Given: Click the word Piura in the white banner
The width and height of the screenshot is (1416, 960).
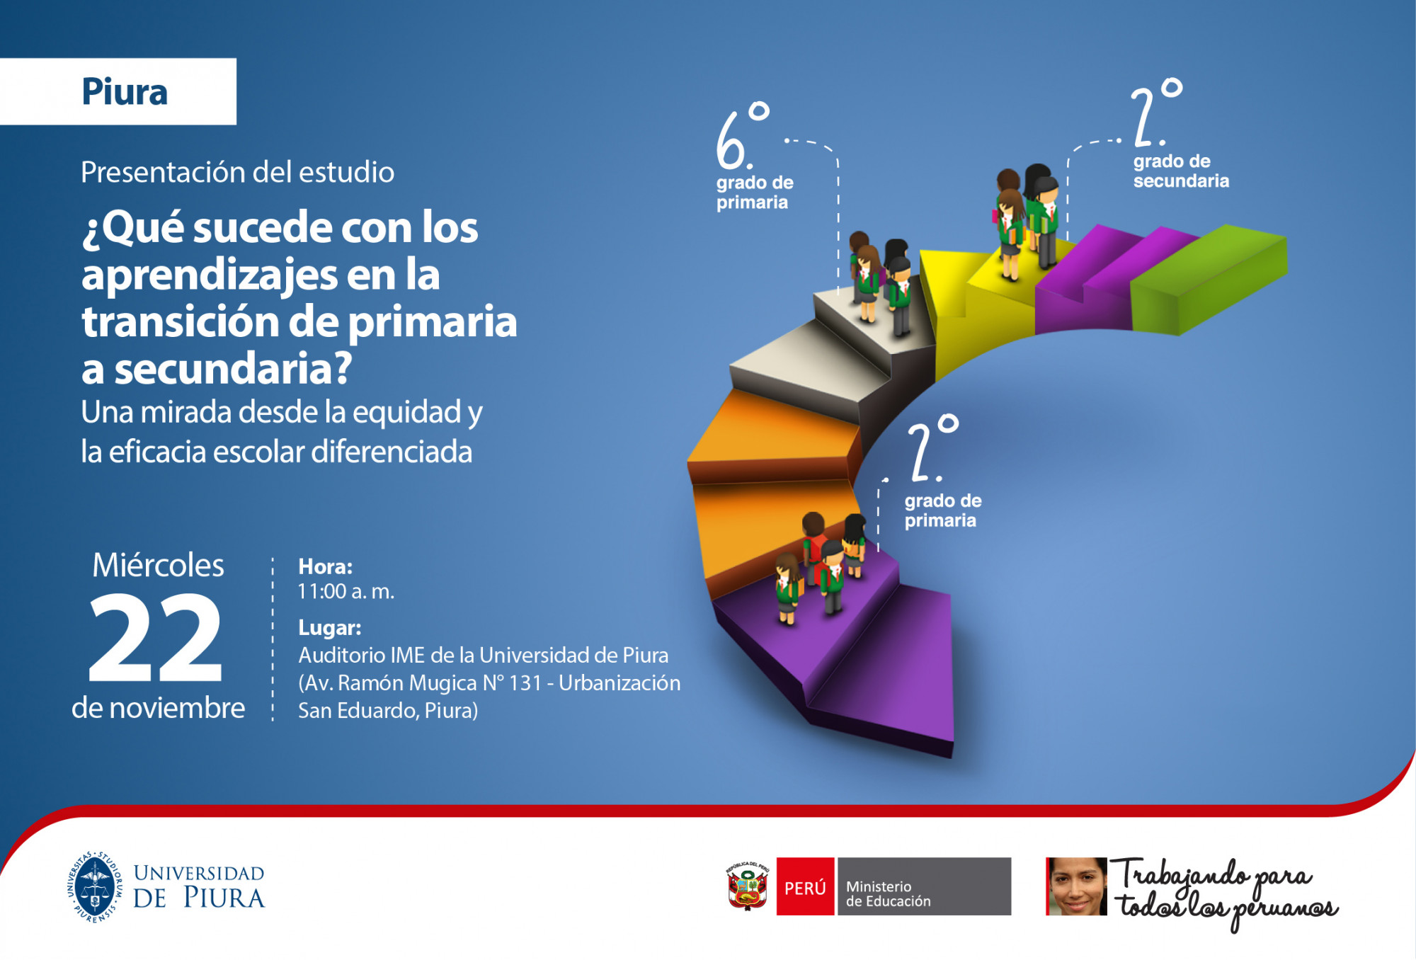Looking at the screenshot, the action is [x=125, y=92].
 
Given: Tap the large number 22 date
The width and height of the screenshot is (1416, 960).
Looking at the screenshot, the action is [x=155, y=638].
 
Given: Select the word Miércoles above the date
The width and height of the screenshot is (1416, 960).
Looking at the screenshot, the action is [x=158, y=565].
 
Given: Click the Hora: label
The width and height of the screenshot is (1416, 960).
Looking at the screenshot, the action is [x=325, y=566].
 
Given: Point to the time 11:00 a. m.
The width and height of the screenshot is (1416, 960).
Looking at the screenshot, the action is [x=346, y=591].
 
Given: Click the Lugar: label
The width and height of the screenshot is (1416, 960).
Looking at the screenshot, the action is [x=329, y=628].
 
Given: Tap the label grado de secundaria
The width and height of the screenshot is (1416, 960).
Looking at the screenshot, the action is [x=1181, y=171].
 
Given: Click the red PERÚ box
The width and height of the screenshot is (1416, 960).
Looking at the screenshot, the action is [x=805, y=886].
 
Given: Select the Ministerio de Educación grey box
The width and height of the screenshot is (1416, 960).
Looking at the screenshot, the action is [x=924, y=886].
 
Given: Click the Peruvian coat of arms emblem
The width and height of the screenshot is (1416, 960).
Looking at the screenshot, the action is [x=748, y=886].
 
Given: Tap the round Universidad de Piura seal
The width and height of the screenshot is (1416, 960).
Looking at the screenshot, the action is [x=95, y=887].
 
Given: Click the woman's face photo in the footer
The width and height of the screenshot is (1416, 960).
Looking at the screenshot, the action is [x=1076, y=886].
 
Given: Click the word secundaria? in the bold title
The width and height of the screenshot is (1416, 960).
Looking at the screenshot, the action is [x=233, y=369].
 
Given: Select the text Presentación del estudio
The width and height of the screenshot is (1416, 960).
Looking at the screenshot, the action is [x=237, y=172].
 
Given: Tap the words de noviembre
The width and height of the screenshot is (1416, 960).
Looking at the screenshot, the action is [x=159, y=708].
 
